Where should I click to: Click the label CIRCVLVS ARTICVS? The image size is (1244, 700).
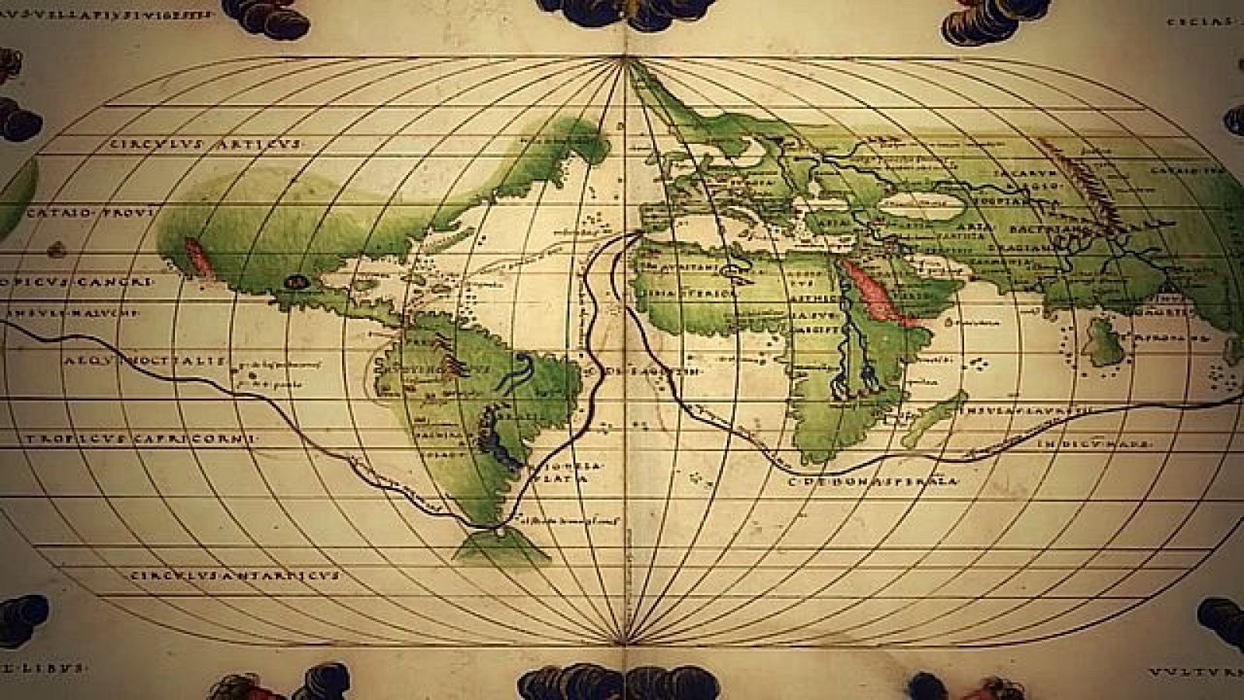[x=204, y=144]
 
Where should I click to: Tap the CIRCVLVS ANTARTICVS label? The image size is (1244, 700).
[x=234, y=576]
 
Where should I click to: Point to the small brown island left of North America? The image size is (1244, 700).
[x=55, y=250]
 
